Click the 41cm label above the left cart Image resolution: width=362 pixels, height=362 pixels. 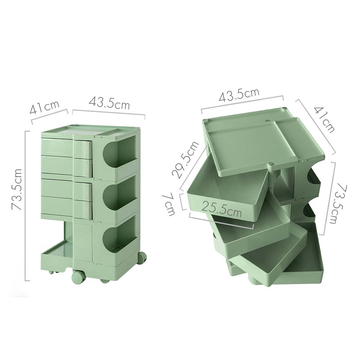[x=45, y=107]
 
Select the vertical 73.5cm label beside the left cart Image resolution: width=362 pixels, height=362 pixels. [x=17, y=189]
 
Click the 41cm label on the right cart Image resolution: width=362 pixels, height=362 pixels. [x=324, y=119]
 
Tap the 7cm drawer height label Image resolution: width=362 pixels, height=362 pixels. [x=169, y=204]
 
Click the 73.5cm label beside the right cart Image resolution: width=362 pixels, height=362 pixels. [x=340, y=203]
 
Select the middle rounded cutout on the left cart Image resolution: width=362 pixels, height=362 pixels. [x=116, y=195]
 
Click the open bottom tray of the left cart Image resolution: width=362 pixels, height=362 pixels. [x=58, y=253]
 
